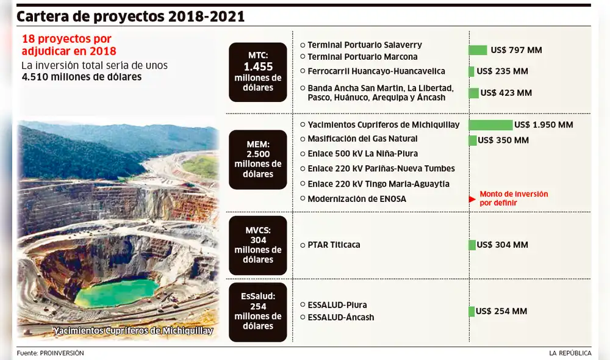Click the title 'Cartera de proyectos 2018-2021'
point(131,16)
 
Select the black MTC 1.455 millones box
point(257,72)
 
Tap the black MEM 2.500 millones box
point(257,159)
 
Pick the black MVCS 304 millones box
point(257,245)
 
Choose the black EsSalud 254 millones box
point(257,312)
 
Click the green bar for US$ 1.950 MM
point(490,125)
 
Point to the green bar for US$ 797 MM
point(478,50)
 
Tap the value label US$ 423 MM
point(506,93)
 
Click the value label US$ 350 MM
point(503,140)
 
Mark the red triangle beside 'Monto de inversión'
point(472,199)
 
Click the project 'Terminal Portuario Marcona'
point(362,57)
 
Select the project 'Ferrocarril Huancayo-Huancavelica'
point(376,71)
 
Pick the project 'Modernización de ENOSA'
point(357,199)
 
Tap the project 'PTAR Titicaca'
point(334,245)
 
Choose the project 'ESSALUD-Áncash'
point(341,317)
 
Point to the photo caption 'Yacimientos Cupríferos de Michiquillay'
point(133,331)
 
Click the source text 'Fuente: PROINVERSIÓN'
point(51,353)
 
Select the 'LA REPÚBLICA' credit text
point(570,353)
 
